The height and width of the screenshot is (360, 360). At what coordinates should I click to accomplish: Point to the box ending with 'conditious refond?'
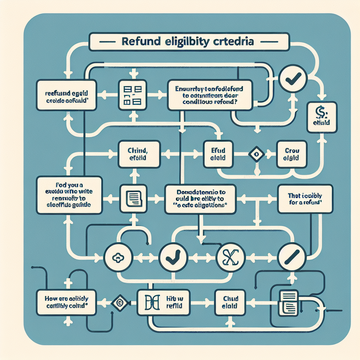pyautogui.click(x=210, y=94)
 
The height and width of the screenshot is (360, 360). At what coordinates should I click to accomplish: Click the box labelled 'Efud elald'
pyautogui.click(x=218, y=154)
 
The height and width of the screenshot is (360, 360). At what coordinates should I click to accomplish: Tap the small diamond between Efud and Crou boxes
pyautogui.click(x=256, y=154)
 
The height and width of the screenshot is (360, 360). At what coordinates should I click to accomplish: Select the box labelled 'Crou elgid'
pyautogui.click(x=292, y=154)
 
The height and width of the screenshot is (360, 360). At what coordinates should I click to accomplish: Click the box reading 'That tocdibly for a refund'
pyautogui.click(x=305, y=199)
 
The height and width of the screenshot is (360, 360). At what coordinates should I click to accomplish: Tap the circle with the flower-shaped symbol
pyautogui.click(x=117, y=258)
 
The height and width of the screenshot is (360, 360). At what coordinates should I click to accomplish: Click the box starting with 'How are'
pyautogui.click(x=67, y=302)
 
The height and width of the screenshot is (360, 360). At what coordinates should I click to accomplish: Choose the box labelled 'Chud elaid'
pyautogui.click(x=230, y=302)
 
